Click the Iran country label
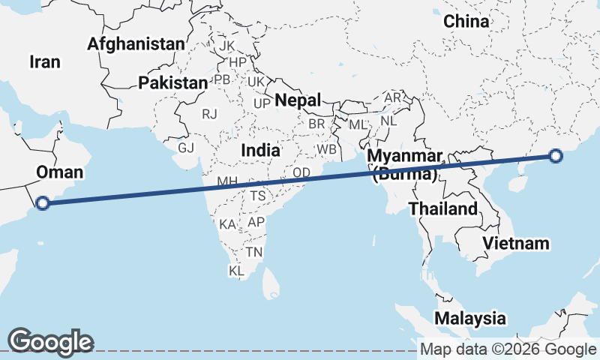tap(45, 61)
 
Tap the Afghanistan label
tap(136, 43)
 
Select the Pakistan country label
tap(172, 82)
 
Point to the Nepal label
tap(298, 100)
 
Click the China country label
tap(466, 21)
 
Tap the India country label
tap(260, 150)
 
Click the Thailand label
tap(443, 208)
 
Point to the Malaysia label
tap(470, 317)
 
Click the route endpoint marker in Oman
tap(43, 202)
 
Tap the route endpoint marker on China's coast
tap(555, 156)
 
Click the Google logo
tap(50, 341)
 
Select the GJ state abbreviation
tap(187, 147)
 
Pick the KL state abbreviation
tap(236, 270)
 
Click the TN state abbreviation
tap(254, 252)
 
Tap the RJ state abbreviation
tap(210, 114)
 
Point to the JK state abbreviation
tap(226, 46)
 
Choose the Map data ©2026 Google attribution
tap(508, 349)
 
